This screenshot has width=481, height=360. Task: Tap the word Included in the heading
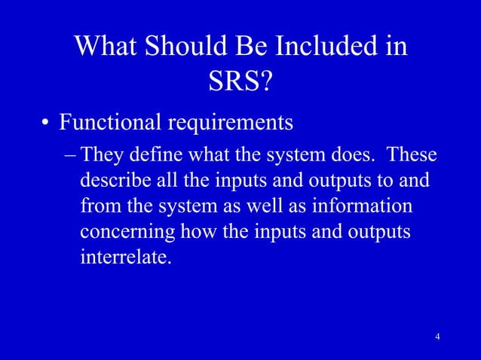click(x=333, y=47)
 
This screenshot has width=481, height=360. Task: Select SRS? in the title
click(x=240, y=83)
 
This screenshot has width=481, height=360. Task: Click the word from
click(x=97, y=207)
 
